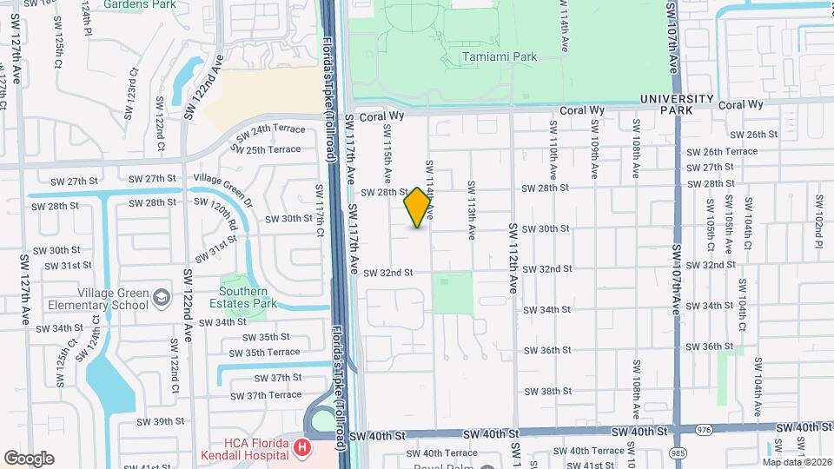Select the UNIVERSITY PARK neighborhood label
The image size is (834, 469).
click(x=677, y=105)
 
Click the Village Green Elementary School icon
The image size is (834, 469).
click(x=161, y=299)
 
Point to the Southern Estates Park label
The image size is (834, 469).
click(x=248, y=297)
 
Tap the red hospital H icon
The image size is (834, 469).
click(x=301, y=448)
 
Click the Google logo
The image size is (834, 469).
click(x=28, y=458)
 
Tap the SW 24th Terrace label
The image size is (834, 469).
click(x=266, y=129)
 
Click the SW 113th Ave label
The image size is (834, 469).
click(x=471, y=210)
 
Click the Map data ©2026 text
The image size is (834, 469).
click(x=796, y=461)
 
